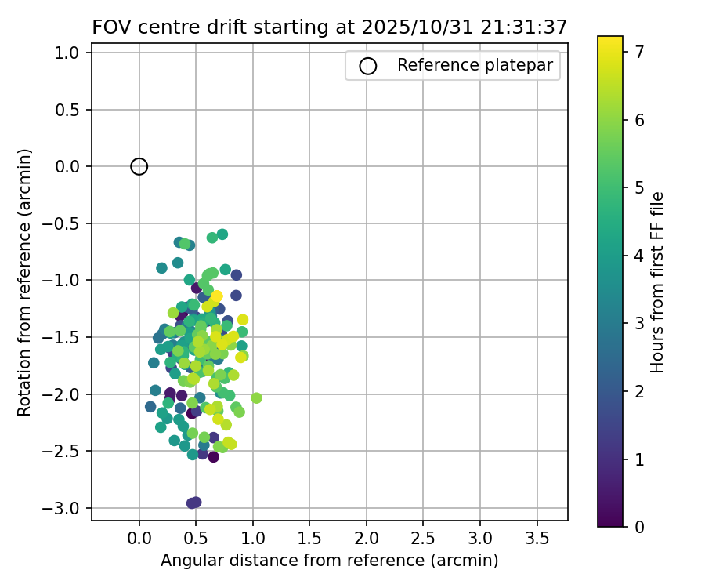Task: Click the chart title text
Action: click(329, 27)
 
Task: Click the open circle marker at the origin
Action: click(139, 166)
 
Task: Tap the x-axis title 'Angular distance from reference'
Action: click(329, 561)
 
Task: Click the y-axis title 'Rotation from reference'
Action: click(25, 282)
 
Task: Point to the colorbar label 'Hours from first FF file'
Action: click(658, 282)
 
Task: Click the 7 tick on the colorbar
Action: click(639, 53)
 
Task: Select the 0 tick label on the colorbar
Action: click(639, 526)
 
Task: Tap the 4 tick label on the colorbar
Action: click(639, 256)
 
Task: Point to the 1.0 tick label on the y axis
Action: click(68, 53)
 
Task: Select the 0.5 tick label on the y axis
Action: click(68, 110)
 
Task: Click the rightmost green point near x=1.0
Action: click(256, 398)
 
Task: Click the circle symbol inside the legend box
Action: click(368, 66)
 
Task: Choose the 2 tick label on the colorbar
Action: click(639, 391)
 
